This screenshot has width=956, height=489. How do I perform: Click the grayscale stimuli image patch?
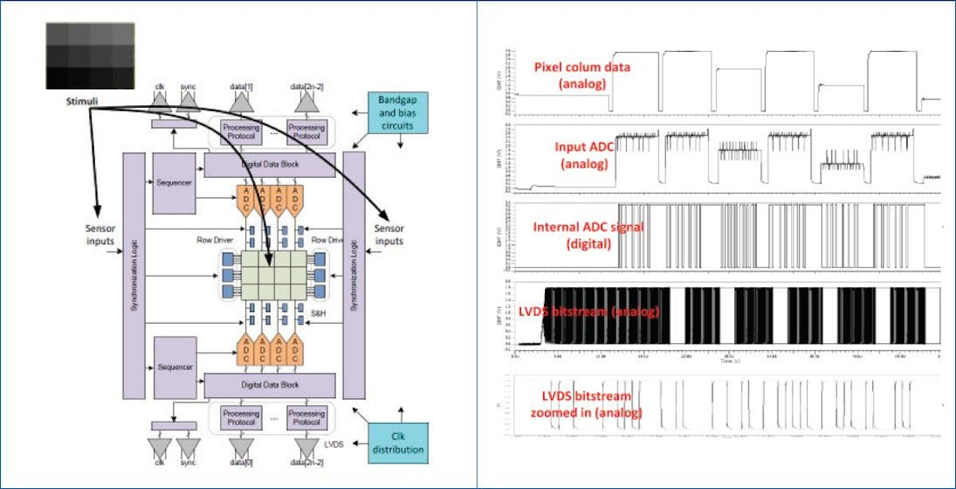coord(89,56)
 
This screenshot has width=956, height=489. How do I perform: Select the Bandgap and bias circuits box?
coord(398,112)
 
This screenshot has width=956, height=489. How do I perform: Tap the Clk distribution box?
coord(398,443)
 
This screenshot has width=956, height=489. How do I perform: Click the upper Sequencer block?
coord(174,183)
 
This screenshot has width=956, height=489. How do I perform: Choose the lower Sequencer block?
coord(174,366)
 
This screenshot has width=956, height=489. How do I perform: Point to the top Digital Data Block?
coord(270,165)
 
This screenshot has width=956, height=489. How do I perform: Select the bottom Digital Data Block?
coord(270,384)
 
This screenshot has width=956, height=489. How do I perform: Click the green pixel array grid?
coord(273,274)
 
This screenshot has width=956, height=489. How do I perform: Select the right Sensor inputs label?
coord(389,235)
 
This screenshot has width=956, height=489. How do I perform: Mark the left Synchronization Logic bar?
coord(134,275)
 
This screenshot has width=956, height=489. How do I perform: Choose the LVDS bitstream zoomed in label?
coord(586,404)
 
